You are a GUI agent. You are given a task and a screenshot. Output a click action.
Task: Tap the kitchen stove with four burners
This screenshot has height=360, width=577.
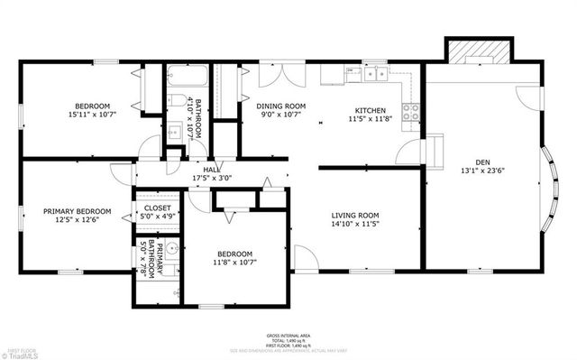click(410, 113)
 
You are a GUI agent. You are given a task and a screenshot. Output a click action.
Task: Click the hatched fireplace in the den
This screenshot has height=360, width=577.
click(469, 53)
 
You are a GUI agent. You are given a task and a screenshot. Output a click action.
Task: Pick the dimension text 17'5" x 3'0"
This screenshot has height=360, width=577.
click(212, 178)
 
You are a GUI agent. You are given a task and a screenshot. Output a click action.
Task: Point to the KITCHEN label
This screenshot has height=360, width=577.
click(369, 109)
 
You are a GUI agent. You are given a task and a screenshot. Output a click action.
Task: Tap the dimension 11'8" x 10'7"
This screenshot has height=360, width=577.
click(233, 263)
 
